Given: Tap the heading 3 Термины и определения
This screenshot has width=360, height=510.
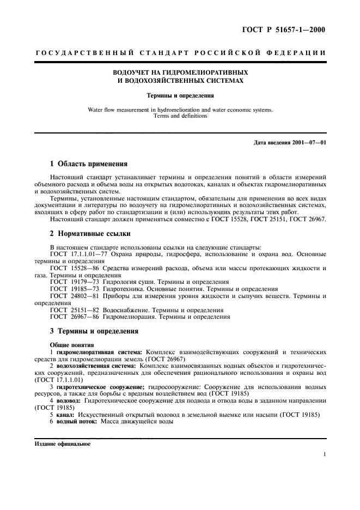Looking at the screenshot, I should point(94,330).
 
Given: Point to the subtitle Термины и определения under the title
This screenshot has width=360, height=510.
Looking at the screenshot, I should point(180,95).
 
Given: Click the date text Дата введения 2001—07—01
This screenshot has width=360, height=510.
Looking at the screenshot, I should point(289,143).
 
